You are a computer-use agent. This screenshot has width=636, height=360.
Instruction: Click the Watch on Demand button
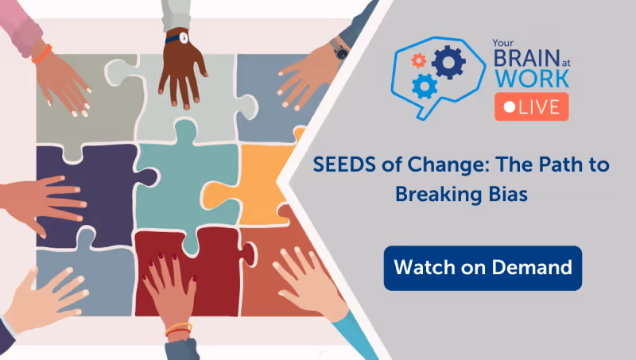click(x=483, y=268)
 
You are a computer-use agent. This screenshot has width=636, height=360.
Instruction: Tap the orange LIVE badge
click(x=531, y=106)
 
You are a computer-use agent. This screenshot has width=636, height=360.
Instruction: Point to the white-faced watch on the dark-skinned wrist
click(x=182, y=36)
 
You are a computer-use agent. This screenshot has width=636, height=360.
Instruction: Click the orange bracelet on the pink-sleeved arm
click(x=43, y=53)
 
